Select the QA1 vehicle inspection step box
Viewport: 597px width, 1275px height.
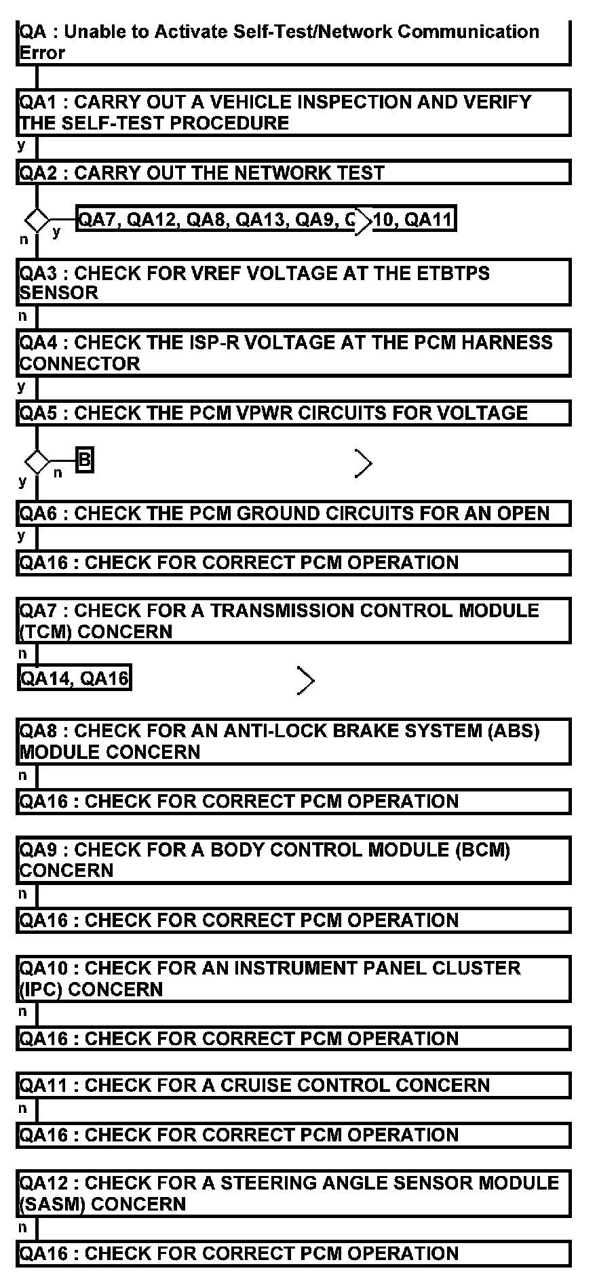pyautogui.click(x=293, y=112)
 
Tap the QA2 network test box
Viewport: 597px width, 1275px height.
pyautogui.click(x=293, y=172)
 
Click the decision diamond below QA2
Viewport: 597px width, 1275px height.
pyautogui.click(x=37, y=220)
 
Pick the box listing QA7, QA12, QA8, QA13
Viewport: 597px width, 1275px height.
pyautogui.click(x=265, y=219)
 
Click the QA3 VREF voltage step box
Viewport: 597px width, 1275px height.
pyautogui.click(x=293, y=282)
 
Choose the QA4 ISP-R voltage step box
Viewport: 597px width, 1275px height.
pyautogui.click(x=293, y=353)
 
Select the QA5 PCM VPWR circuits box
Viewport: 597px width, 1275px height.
pyautogui.click(x=293, y=413)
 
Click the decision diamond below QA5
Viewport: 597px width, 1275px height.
pyautogui.click(x=37, y=463)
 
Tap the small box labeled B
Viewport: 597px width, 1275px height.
pyautogui.click(x=84, y=460)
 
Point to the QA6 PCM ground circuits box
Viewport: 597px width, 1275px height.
pyautogui.click(x=293, y=513)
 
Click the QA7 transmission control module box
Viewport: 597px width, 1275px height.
pyautogui.click(x=293, y=621)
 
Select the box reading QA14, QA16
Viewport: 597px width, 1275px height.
pyautogui.click(x=75, y=678)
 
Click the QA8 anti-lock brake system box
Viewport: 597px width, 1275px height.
pyautogui.click(x=293, y=741)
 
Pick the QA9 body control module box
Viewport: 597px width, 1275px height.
pyautogui.click(x=293, y=860)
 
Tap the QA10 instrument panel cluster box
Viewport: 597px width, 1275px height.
pyautogui.click(x=293, y=979)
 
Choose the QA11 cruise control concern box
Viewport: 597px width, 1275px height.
pyautogui.click(x=293, y=1085)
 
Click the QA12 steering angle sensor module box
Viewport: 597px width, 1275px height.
pyautogui.click(x=293, y=1193)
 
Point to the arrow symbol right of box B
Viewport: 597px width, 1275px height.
pyautogui.click(x=364, y=463)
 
